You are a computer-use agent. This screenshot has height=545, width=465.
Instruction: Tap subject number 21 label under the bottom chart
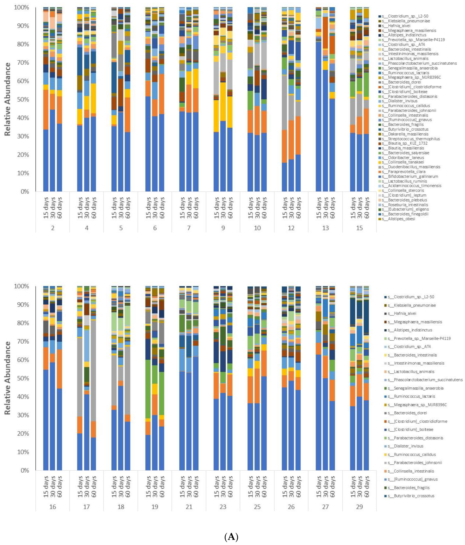(x=189, y=507)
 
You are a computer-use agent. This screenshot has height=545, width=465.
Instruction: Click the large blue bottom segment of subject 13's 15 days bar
(x=318, y=118)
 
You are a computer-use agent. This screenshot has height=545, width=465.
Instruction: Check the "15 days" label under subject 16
(x=46, y=487)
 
